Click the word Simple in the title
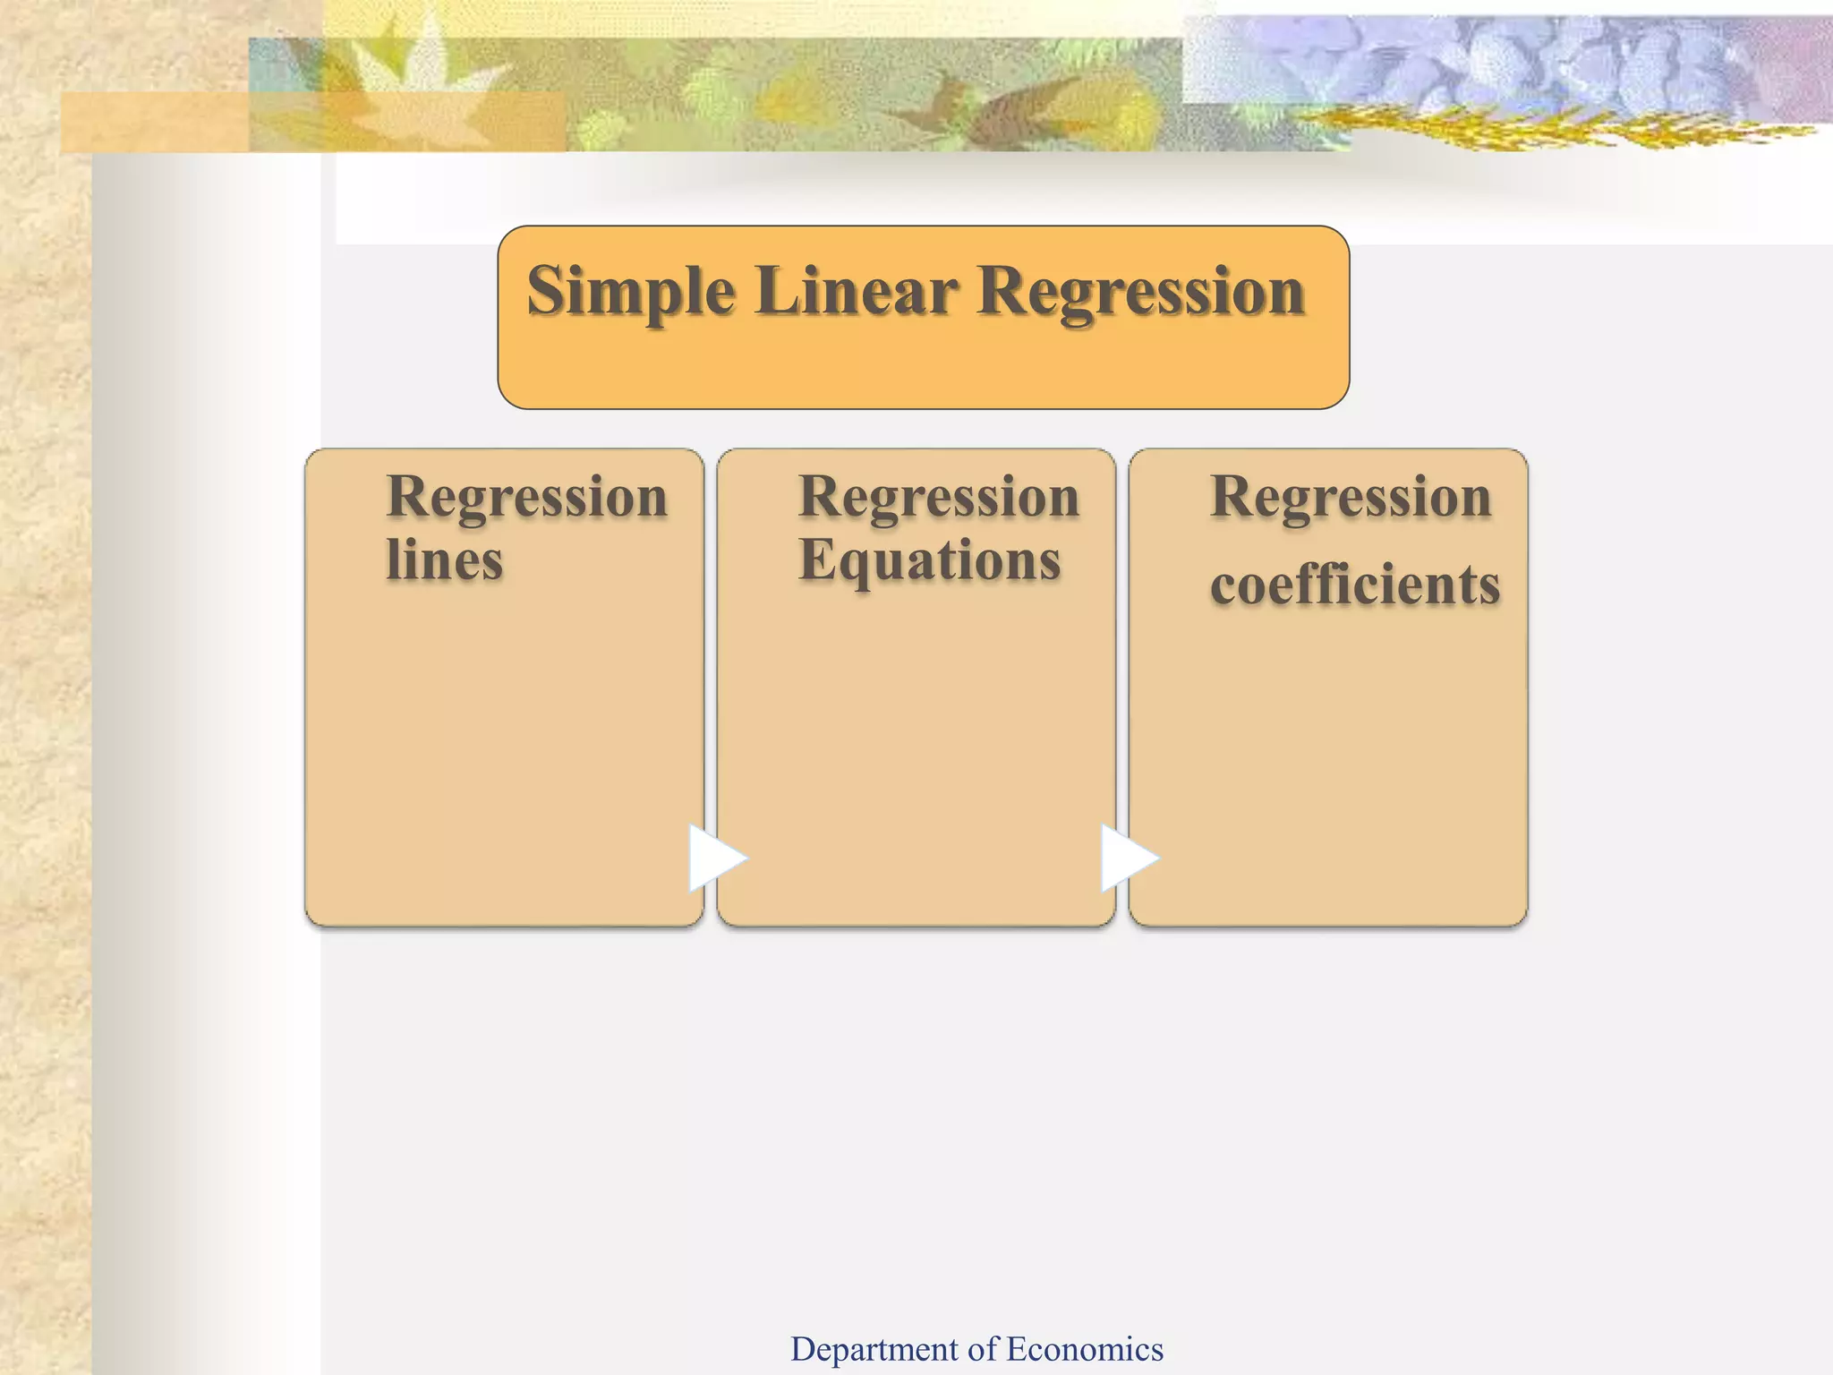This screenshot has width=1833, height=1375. click(630, 292)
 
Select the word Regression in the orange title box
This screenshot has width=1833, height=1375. click(1140, 292)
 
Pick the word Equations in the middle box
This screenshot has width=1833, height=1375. click(929, 562)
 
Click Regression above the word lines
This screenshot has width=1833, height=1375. click(527, 498)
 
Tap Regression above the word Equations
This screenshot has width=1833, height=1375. click(939, 498)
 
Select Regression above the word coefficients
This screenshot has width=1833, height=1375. click(1351, 498)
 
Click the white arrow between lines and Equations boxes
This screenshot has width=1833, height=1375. click(714, 858)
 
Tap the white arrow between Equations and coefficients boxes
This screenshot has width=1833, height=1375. click(1126, 858)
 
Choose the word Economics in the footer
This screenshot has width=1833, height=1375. click(1084, 1349)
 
